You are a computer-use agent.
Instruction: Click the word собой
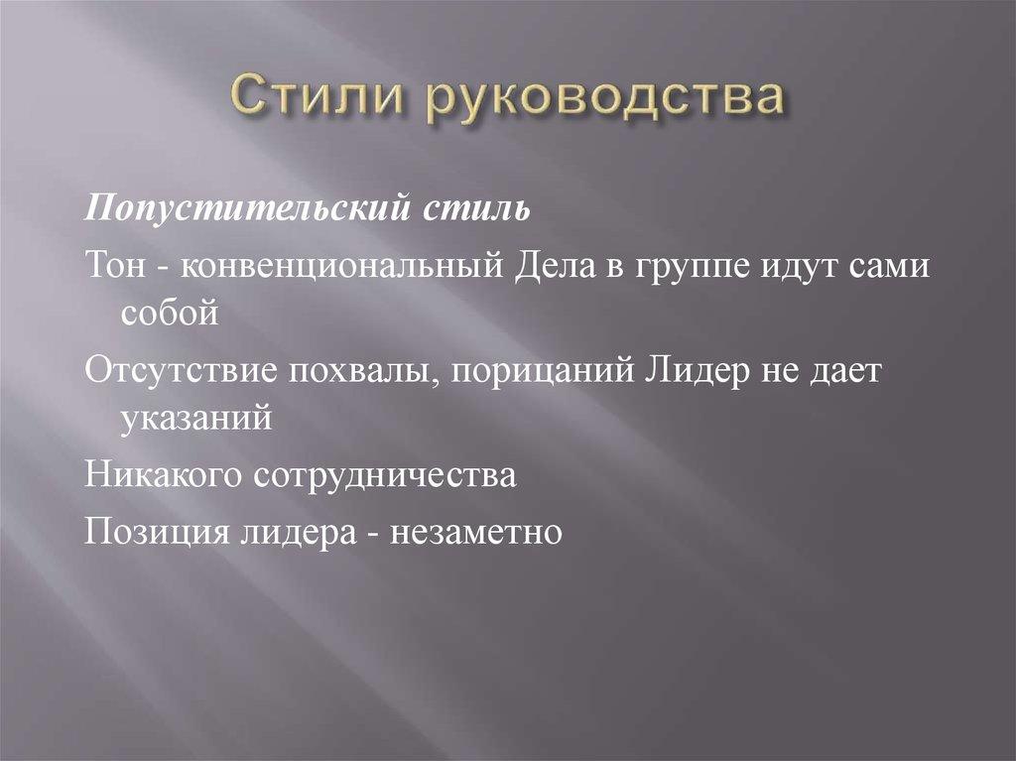168,314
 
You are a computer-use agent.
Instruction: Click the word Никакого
164,476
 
